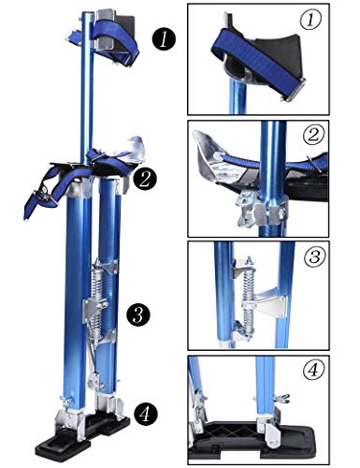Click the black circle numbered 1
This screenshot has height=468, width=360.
(166, 39)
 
